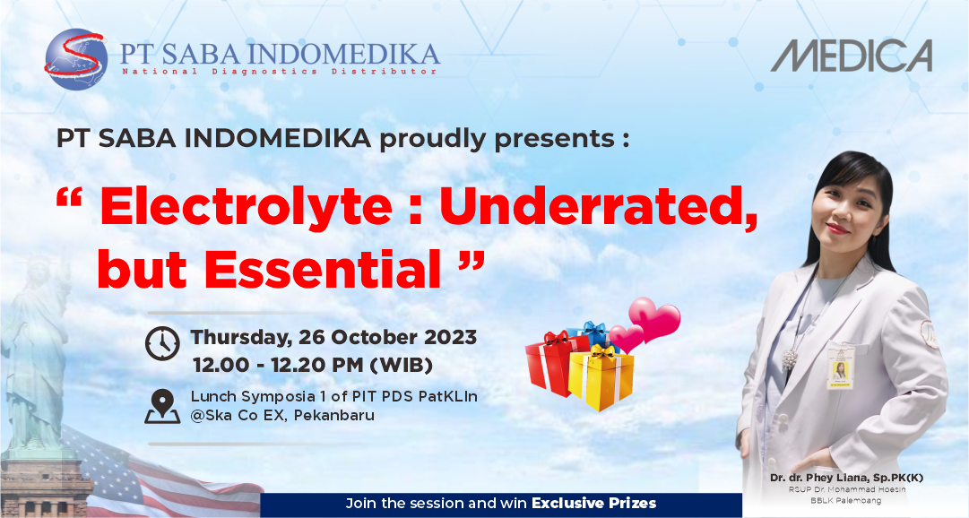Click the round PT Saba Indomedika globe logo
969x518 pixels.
76,60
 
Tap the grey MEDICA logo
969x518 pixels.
852,56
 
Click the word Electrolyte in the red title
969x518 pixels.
246,207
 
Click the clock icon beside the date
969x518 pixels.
162,342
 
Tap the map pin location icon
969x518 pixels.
162,406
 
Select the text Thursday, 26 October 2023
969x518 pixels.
333,338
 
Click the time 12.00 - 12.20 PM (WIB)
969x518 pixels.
313,365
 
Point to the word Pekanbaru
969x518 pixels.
333,416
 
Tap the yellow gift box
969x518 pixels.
601,378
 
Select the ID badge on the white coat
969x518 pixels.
841,367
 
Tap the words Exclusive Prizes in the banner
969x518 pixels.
594,503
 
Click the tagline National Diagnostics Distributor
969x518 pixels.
280,72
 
